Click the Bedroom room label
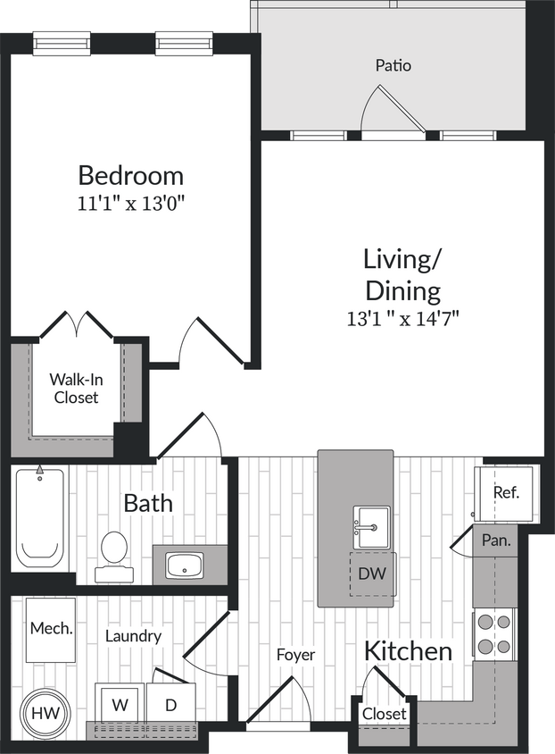click(130, 174)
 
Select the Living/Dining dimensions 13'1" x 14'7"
click(402, 317)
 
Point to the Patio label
click(393, 65)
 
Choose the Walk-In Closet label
click(76, 389)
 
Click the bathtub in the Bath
click(40, 518)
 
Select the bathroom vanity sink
click(186, 565)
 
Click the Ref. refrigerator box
click(506, 492)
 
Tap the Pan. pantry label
click(496, 540)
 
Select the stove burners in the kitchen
click(494, 633)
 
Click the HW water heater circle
click(41, 713)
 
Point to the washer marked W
click(120, 705)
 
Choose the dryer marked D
click(170, 705)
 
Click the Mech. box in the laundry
click(51, 629)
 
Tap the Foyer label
click(295, 655)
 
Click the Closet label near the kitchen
click(385, 714)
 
